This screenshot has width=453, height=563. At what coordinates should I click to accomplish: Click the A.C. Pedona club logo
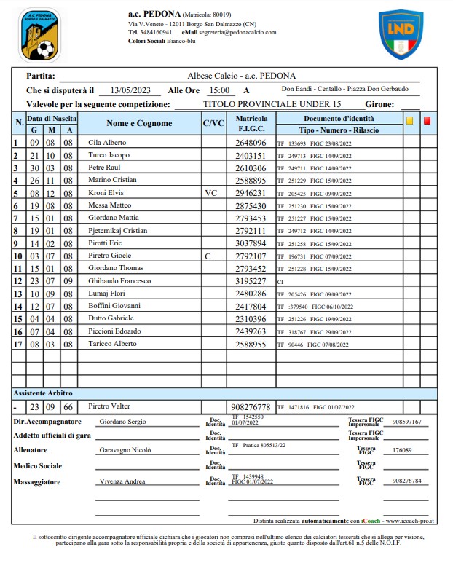pos(40,34)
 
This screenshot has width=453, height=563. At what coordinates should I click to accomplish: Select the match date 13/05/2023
pos(131,90)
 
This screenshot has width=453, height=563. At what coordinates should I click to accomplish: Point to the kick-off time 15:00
pos(218,90)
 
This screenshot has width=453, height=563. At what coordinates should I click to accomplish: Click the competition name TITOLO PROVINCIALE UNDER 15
pos(272,104)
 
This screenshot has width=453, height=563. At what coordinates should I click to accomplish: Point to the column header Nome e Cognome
pos(139,123)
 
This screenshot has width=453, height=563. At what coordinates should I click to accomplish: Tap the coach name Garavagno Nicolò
pos(125,450)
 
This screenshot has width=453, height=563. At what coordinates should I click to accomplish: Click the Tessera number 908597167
pos(406,422)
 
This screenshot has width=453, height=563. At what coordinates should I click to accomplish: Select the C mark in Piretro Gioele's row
pos(208,256)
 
